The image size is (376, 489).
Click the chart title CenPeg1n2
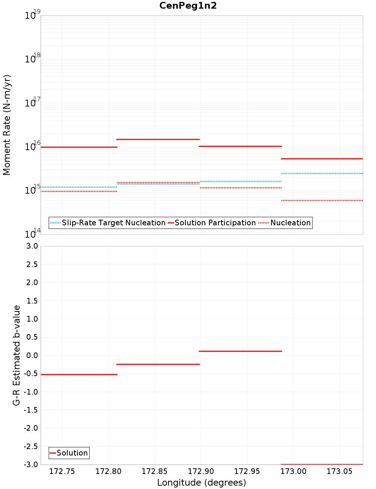(188, 6)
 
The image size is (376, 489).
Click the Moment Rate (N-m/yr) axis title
(7, 125)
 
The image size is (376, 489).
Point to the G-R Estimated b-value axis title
(17, 355)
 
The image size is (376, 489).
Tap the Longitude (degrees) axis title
(202, 483)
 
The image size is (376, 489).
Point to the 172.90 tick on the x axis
(201, 471)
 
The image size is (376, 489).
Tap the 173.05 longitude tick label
(340, 471)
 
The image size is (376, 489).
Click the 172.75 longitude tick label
(62, 471)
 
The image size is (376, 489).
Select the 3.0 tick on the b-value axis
(31, 246)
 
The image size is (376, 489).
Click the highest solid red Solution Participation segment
(158, 139)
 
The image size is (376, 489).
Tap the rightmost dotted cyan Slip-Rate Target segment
(322, 173)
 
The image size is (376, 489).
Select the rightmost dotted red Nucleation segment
(322, 200)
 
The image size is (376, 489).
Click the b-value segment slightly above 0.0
(240, 351)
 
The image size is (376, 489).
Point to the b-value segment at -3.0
(322, 464)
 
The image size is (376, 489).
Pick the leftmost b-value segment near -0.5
(79, 374)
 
